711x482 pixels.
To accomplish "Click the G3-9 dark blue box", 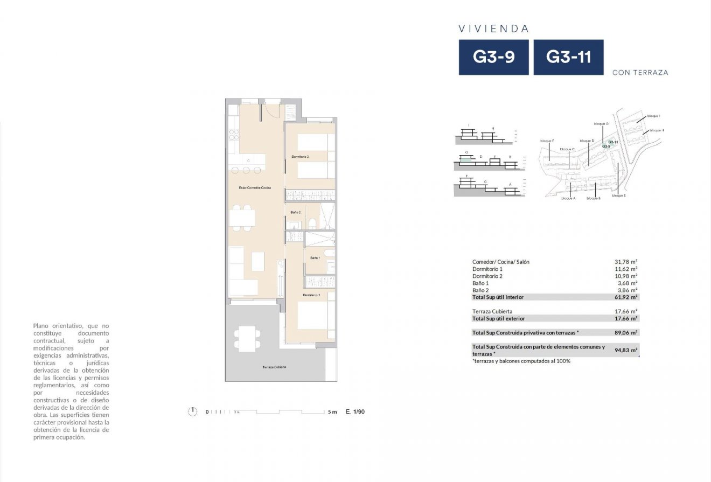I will point(493,57).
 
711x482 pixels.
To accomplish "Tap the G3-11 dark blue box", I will point(568,57).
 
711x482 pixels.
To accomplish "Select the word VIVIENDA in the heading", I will point(494,29).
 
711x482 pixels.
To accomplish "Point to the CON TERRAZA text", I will point(640,73).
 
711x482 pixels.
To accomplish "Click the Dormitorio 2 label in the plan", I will point(300,157).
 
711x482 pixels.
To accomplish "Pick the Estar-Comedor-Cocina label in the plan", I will point(255,187).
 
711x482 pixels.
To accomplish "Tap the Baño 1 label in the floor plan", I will point(315,258).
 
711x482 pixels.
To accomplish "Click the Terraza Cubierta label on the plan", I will point(274,367).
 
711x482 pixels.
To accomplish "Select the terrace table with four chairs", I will point(247,339).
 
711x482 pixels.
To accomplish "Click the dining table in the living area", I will point(242,217).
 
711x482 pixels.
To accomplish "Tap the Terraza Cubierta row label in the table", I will point(492,311).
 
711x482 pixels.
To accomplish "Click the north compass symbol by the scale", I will point(192,412).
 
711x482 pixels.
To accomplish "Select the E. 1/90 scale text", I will point(355,412).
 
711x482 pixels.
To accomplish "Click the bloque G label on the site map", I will point(601,124).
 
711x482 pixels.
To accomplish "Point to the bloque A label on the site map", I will point(568,199).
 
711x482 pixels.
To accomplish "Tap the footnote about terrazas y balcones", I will point(521,361).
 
